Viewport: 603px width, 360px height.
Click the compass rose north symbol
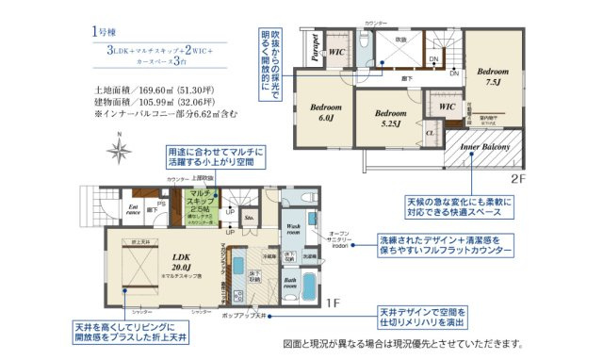pos(119,148)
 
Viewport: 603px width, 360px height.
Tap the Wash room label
pos(294,230)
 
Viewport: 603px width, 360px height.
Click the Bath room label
pos(291,285)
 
